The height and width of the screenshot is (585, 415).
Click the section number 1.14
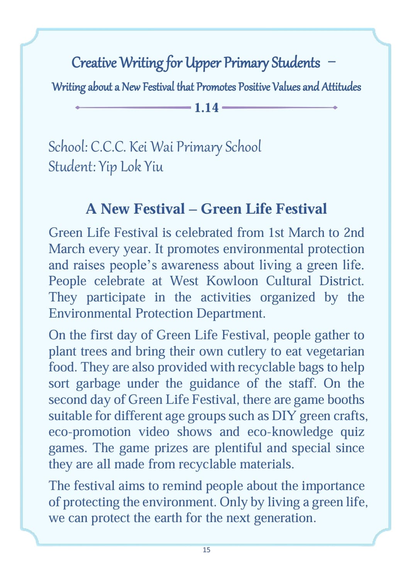point(206,108)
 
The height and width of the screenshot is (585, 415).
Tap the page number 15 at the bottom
point(207,550)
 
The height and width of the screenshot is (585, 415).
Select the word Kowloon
point(232,281)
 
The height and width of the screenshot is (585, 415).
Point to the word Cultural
point(288,281)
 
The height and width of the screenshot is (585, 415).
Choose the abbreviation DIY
point(284,416)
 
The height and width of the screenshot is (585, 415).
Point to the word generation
point(285,518)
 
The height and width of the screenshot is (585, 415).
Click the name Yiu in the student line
point(154,167)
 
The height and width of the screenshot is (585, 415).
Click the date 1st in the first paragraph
point(276,233)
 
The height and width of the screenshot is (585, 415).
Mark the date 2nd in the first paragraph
point(354,233)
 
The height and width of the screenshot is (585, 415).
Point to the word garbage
point(98,384)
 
